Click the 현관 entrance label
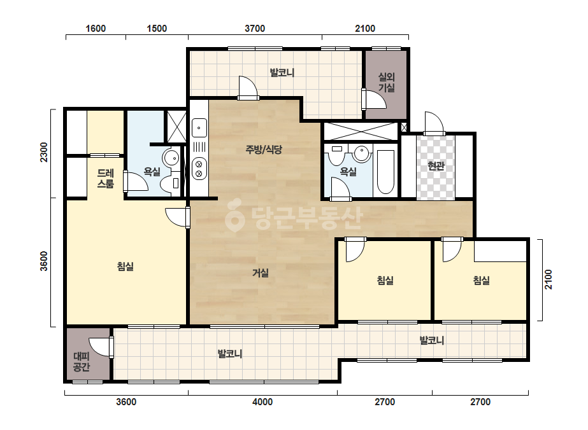pyautogui.click(x=436, y=165)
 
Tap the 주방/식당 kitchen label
pyautogui.click(x=264, y=150)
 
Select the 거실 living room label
pyautogui.click(x=261, y=273)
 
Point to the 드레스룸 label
pyautogui.click(x=105, y=178)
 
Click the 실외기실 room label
pyautogui.click(x=386, y=83)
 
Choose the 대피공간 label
pyautogui.click(x=82, y=361)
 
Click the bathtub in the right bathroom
pyautogui.click(x=385, y=172)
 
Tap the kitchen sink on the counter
pyautogui.click(x=199, y=128)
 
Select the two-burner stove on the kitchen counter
pyautogui.click(x=199, y=169)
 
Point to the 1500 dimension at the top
pyautogui.click(x=157, y=29)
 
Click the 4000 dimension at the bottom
pyautogui.click(x=262, y=402)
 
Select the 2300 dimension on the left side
pyautogui.click(x=44, y=153)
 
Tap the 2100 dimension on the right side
pyautogui.click(x=549, y=279)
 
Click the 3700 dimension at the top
pyautogui.click(x=255, y=29)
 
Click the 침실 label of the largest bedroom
pyautogui.click(x=125, y=267)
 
